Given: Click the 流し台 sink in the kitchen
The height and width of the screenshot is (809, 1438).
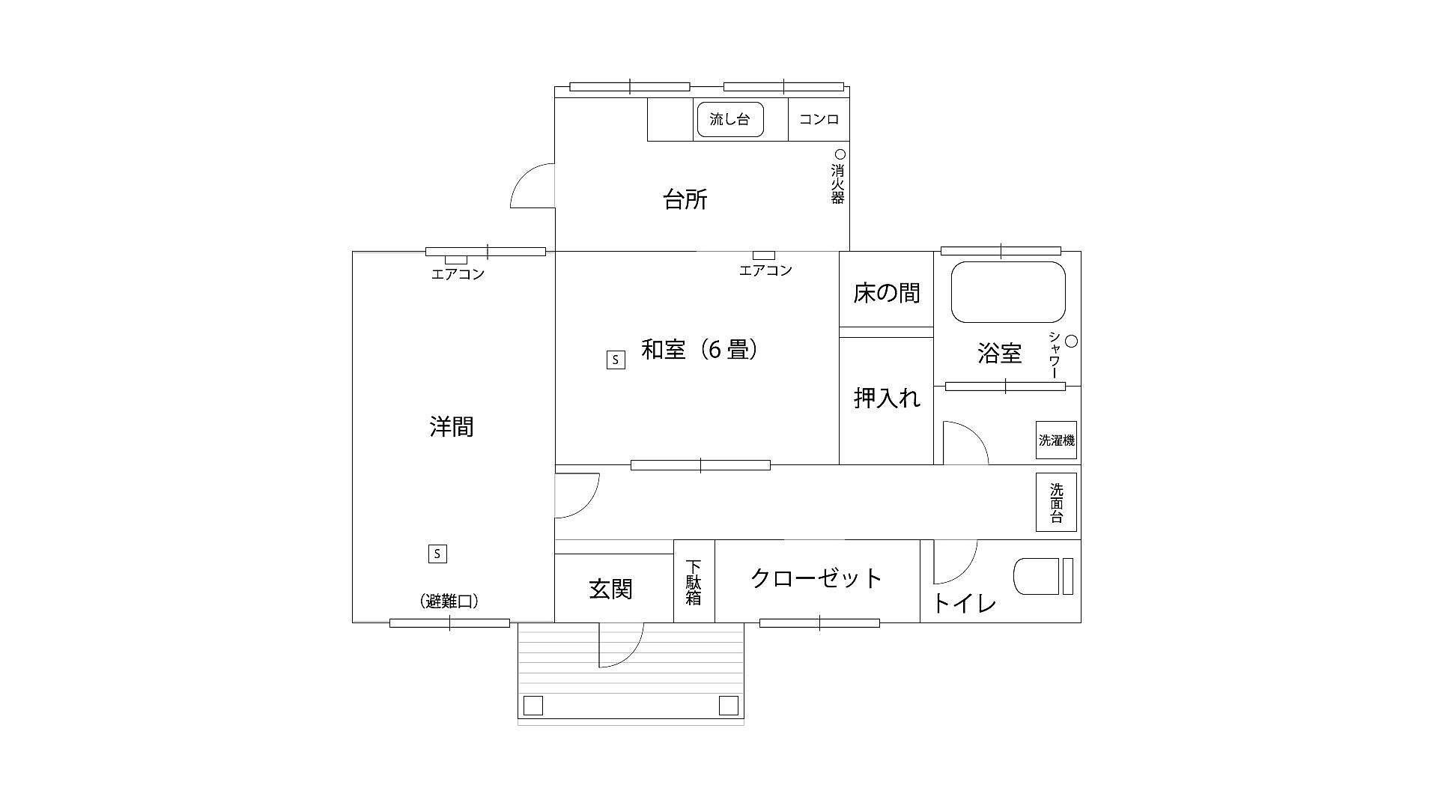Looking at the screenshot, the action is pos(730,119).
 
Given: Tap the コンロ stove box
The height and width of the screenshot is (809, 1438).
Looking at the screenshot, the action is pos(819,119).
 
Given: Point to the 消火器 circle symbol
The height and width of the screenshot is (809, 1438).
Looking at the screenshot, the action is pos(840,154).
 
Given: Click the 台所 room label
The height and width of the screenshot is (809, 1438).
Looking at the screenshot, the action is pos(685,200).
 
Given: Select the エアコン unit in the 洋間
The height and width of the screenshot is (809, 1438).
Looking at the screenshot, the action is pos(456,260).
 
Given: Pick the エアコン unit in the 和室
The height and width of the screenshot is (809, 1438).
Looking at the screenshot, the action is pos(764,255).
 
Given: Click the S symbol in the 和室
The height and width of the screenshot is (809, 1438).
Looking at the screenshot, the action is pos(616,360).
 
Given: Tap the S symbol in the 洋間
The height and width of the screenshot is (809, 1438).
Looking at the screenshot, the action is pos(437,554).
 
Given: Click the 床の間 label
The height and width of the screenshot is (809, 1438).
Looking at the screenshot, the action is pos(887,293).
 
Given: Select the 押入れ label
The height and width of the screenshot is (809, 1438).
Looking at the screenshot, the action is pos(887,398).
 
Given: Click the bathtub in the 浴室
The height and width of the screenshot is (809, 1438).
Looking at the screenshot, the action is pos(1008,292).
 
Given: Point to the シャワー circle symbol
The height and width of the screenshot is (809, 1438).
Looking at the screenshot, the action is pos(1071,342).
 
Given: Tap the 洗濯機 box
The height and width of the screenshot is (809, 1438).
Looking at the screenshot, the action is pos(1056,440).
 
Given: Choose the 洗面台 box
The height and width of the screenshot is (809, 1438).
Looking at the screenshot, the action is pos(1056,502).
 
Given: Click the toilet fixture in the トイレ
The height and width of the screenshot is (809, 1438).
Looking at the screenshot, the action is pos(1043,577).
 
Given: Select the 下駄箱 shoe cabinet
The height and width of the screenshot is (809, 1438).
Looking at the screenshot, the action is pos(694,581).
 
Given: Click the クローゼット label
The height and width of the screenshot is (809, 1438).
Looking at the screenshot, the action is pos(816,578).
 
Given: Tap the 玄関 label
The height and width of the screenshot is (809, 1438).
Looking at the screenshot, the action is pos(611,590).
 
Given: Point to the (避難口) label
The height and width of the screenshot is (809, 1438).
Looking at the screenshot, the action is pos(449,602).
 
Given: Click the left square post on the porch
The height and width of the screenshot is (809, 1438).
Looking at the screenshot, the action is pos(533,706).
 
